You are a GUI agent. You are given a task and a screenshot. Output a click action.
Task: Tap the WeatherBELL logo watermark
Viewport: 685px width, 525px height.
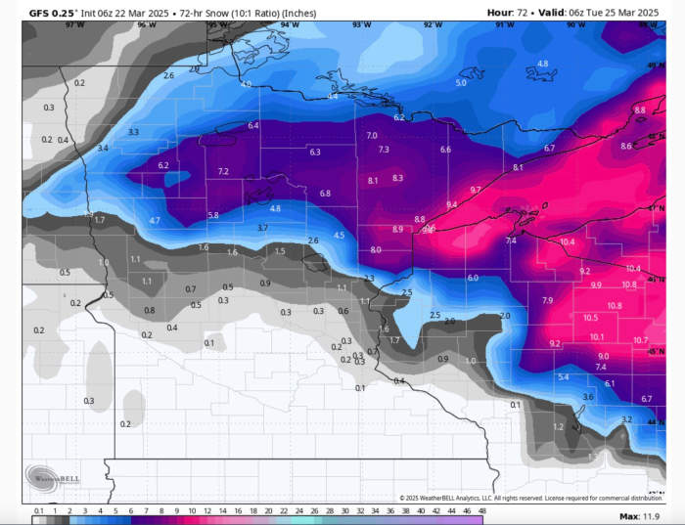(x=53, y=478)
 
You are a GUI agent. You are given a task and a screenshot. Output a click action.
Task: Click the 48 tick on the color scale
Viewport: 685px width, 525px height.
(x=481, y=511)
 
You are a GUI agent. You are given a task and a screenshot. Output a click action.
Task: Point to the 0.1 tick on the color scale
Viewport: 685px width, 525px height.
(x=38, y=511)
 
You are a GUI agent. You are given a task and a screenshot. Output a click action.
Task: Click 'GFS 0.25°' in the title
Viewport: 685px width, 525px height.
(x=51, y=12)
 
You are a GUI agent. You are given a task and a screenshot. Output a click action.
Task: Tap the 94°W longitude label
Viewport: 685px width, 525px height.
(x=290, y=23)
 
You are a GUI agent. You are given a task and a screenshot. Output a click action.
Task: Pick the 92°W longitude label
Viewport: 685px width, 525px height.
(x=432, y=23)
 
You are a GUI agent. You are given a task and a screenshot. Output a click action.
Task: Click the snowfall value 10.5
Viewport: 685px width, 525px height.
(x=590, y=318)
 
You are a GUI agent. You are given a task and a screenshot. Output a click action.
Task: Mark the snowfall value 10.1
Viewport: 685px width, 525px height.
(x=597, y=337)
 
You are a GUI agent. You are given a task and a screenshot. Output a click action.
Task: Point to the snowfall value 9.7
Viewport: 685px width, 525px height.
(x=476, y=190)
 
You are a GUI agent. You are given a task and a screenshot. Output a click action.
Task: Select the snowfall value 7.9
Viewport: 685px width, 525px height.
(x=547, y=300)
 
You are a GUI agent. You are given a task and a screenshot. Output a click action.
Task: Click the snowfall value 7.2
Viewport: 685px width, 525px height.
(x=223, y=171)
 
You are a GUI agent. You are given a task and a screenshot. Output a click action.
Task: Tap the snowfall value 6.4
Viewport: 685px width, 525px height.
(x=253, y=125)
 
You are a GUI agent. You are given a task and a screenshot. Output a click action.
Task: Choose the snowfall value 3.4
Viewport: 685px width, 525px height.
(x=103, y=148)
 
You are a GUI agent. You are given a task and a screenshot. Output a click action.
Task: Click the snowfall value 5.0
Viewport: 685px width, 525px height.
(x=461, y=83)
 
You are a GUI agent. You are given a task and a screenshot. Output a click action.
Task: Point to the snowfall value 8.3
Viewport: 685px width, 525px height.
(x=397, y=178)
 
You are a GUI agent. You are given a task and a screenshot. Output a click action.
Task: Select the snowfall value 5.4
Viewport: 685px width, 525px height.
(x=563, y=377)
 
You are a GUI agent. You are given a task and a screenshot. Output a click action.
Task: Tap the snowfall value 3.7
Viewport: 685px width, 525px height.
(x=262, y=227)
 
